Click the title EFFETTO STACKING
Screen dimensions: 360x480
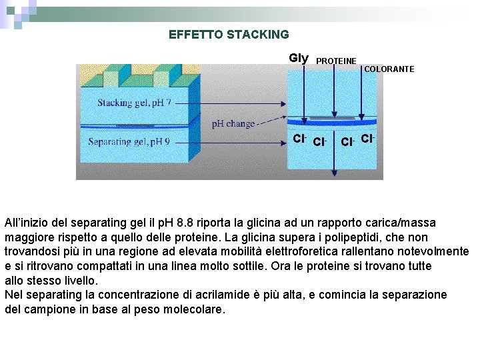point(229,35)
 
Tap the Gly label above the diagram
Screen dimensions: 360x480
point(299,58)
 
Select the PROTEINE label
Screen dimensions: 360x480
point(336,61)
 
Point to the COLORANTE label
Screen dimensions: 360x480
point(389,69)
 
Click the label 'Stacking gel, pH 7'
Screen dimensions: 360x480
point(134,103)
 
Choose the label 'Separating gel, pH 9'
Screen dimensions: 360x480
point(129,141)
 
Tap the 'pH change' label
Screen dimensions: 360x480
point(233,124)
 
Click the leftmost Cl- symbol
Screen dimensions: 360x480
point(299,139)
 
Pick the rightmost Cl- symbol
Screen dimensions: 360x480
point(367,139)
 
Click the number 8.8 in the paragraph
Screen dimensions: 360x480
point(188,222)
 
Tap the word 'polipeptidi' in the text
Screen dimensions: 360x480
point(356,237)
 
